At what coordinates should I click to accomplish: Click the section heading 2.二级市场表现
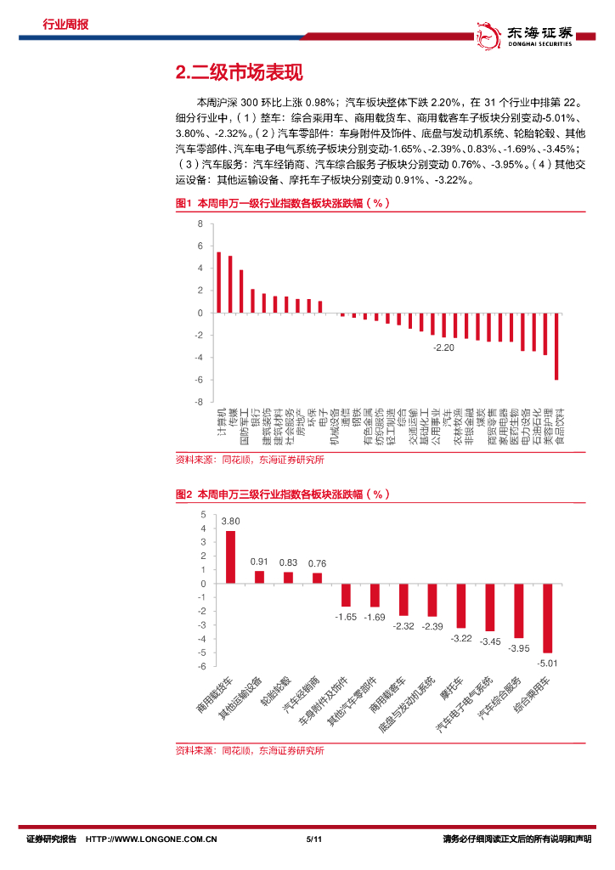(238, 73)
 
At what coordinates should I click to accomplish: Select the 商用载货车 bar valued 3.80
(230, 557)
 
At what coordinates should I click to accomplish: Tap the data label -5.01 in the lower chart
(548, 663)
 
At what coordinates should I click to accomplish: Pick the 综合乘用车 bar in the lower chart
(548, 618)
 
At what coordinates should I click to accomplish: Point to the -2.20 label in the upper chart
(444, 348)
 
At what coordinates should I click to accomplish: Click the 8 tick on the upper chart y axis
(200, 224)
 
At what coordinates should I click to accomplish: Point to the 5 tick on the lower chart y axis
(202, 515)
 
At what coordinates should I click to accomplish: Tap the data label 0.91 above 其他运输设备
(259, 562)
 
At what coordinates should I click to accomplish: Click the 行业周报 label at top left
(65, 24)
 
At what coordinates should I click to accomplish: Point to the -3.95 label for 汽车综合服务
(519, 648)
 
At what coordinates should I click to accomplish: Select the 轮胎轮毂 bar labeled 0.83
(288, 578)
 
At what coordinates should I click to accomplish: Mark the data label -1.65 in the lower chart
(346, 616)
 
